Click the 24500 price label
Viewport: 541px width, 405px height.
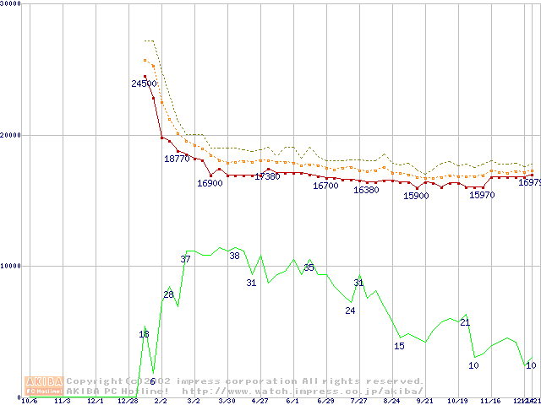[x=144, y=84]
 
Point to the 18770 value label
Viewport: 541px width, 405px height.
[x=177, y=159]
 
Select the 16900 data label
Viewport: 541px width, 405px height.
[x=210, y=183]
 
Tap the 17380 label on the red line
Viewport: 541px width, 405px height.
[x=267, y=176]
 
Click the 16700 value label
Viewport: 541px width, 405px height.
[x=325, y=186]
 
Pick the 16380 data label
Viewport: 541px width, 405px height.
[x=366, y=190]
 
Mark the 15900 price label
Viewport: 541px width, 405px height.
[x=416, y=196]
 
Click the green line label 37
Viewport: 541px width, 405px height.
[x=185, y=259]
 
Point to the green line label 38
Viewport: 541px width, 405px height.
[x=234, y=256]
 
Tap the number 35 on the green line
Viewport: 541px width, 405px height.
[x=309, y=267]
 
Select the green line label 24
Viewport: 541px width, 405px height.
[x=350, y=310]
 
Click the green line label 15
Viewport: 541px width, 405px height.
[x=399, y=346]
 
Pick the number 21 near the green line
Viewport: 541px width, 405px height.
[x=465, y=322]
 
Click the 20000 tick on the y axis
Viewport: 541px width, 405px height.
[x=10, y=135]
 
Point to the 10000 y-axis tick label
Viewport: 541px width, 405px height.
[x=10, y=266]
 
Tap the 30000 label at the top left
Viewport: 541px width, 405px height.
[x=10, y=3]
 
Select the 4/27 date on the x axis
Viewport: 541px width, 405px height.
[x=260, y=401]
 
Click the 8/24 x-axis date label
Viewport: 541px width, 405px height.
[x=391, y=401]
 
